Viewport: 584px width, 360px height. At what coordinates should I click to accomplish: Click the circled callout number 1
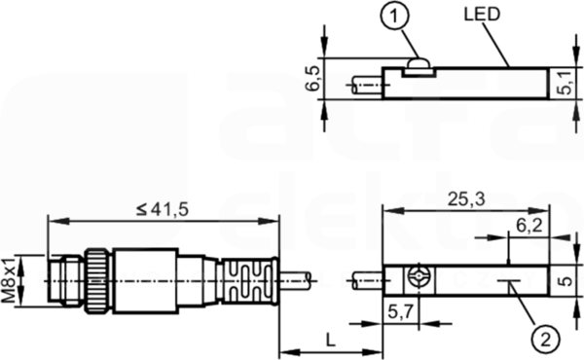pyautogui.click(x=395, y=16)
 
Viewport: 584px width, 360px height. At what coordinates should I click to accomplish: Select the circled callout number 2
pyautogui.click(x=546, y=340)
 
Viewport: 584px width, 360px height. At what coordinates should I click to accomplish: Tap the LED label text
pyautogui.click(x=482, y=15)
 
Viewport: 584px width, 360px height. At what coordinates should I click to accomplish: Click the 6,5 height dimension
pyautogui.click(x=312, y=79)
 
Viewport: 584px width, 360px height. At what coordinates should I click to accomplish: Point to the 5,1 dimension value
pyautogui.click(x=566, y=84)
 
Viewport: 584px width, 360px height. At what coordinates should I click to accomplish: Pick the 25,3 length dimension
pyautogui.click(x=466, y=199)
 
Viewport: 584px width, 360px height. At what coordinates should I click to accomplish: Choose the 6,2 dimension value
pyautogui.click(x=529, y=225)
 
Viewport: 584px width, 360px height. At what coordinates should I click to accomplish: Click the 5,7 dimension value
pyautogui.click(x=401, y=311)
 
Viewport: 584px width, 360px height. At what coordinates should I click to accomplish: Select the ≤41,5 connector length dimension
pyautogui.click(x=163, y=210)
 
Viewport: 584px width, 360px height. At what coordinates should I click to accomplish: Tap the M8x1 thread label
pyautogui.click(x=9, y=279)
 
